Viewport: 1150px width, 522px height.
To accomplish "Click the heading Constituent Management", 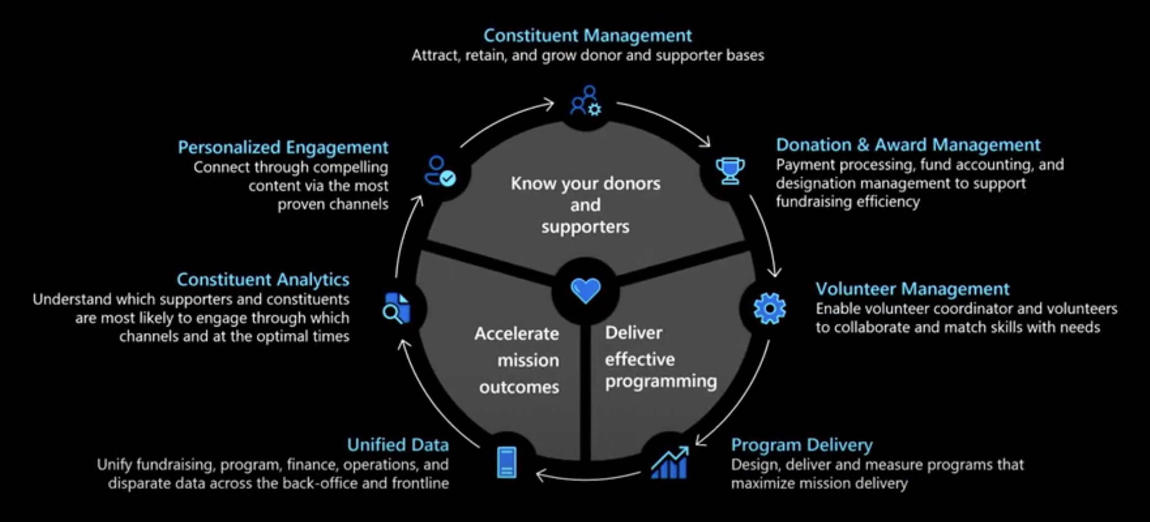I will coord(588,36).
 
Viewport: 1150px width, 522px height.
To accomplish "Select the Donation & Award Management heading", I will coord(908,145).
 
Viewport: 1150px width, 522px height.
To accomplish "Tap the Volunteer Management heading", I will coord(912,289).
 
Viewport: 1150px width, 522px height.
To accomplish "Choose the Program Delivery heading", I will coord(802,445).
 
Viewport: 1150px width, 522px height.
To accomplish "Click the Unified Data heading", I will coord(398,445).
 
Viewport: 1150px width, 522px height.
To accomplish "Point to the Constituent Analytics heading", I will coord(263,280).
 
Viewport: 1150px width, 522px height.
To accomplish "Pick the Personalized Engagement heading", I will coord(283,147).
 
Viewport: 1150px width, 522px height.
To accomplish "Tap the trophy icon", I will coord(730,171).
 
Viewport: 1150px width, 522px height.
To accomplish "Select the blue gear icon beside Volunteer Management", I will coord(769,309).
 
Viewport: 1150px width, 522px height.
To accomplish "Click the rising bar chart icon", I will coord(670,463).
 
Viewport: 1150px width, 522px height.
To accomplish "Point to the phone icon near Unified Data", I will coord(507,463).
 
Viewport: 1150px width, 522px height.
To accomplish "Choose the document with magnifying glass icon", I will coord(396,308).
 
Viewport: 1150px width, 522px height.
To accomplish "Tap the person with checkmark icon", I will coord(440,171).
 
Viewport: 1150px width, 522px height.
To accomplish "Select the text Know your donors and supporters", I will coord(585,205).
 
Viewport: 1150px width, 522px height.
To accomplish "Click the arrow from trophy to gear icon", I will coord(766,236).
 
